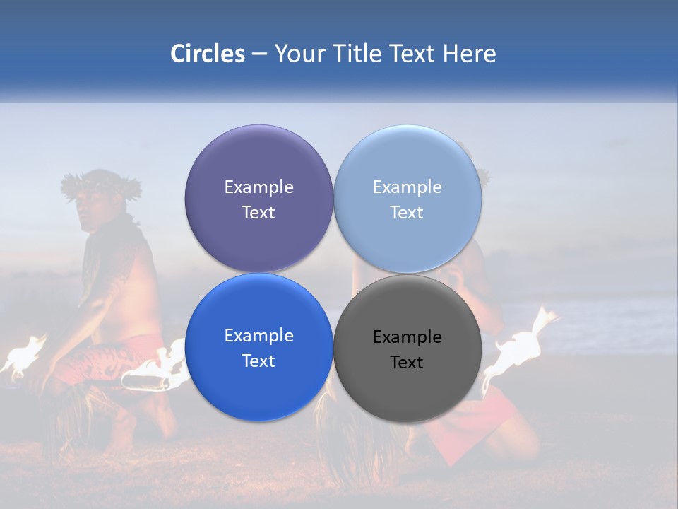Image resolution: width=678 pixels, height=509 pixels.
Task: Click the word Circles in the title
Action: click(x=207, y=54)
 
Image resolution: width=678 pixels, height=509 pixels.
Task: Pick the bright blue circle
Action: click(x=258, y=385)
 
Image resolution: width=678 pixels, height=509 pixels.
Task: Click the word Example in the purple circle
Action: click(x=258, y=187)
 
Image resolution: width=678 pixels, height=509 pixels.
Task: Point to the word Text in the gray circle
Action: click(x=407, y=362)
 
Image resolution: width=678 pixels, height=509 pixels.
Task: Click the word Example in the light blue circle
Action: click(x=407, y=187)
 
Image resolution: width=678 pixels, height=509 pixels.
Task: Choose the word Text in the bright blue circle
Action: click(x=258, y=361)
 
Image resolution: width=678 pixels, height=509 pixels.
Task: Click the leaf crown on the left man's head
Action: click(x=100, y=182)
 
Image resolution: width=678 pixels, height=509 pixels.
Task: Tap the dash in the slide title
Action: click(x=259, y=54)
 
